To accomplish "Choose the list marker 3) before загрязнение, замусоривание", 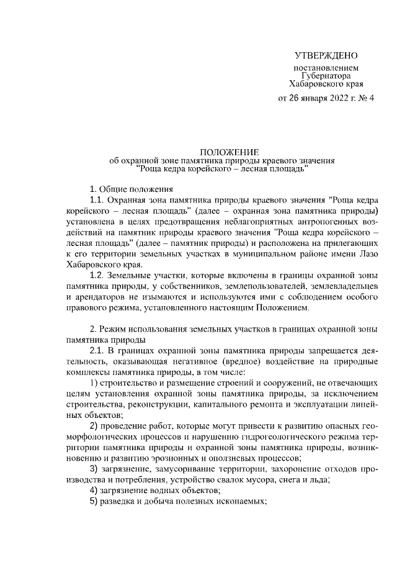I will [94, 468].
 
